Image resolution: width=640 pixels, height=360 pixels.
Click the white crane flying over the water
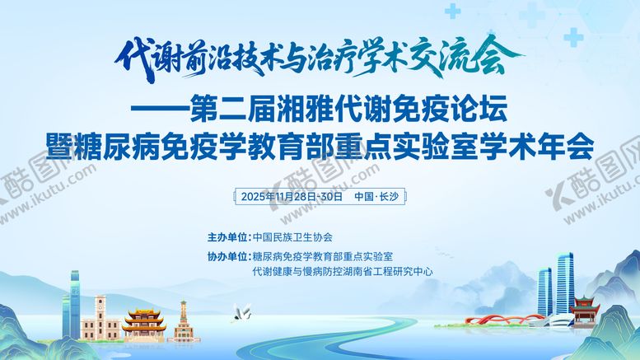click(243, 311)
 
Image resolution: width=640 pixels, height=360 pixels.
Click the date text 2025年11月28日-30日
click(292, 197)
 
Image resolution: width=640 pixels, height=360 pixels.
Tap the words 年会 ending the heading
click(568, 144)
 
